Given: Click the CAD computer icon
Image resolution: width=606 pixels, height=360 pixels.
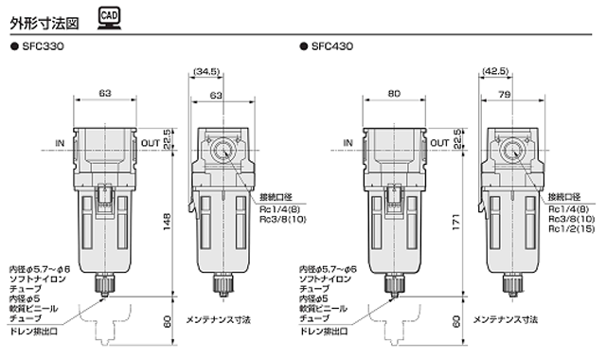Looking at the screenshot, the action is pos(109,19).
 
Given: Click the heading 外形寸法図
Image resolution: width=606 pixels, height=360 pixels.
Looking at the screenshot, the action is pos(45,23).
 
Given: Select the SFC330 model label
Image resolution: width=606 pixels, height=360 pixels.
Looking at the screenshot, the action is pos(43,46).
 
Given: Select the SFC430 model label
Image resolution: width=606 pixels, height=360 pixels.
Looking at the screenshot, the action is pos(332,46).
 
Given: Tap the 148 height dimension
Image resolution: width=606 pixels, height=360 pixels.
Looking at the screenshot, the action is pos(167,222).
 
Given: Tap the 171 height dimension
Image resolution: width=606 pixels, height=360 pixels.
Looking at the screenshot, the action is pos(456,222).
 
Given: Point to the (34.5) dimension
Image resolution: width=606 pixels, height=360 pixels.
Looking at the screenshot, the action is pos(206,72).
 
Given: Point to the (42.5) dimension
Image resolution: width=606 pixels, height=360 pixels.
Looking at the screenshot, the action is pos(496,72).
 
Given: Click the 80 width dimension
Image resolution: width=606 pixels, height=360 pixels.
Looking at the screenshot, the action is pos(394,94).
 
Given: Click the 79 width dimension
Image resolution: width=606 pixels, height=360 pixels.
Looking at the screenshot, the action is pos(505,94).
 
